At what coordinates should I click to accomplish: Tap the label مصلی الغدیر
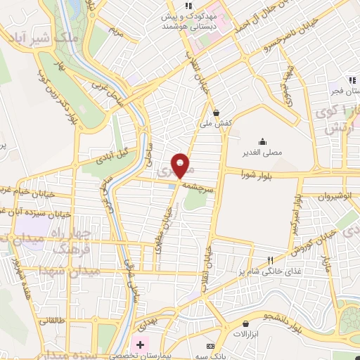click(x=262, y=152)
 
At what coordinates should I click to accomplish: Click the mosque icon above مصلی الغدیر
click(x=262, y=141)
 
